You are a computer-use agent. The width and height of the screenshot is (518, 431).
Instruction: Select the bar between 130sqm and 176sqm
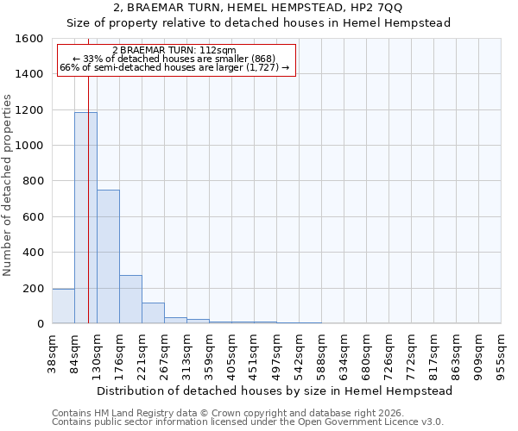coord(108,257)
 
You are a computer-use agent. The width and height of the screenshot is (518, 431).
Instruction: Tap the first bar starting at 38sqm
coord(63,306)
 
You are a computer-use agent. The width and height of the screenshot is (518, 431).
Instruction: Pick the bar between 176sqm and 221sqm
coord(130,299)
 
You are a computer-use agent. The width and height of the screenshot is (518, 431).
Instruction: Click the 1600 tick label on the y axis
coord(30,39)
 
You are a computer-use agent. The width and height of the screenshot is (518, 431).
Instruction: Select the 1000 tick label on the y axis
coord(30,146)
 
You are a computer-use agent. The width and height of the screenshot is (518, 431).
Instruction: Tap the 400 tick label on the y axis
coord(34,253)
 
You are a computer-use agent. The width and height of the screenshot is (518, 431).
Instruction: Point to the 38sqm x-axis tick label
coord(52,353)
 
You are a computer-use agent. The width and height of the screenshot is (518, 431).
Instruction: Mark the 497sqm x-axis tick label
coord(276,353)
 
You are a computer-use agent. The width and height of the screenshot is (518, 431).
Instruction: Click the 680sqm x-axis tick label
coord(366,353)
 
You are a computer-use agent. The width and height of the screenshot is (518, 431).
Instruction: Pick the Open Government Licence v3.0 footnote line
coord(248,422)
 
